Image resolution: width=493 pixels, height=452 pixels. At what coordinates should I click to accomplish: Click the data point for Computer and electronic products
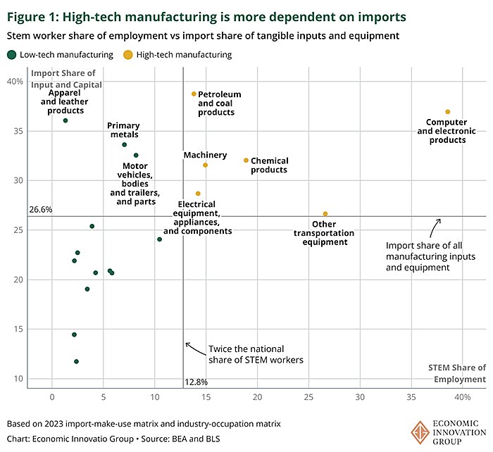pyautogui.click(x=447, y=112)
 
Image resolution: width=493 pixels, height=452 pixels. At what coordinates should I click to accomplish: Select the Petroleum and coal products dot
pyautogui.click(x=194, y=94)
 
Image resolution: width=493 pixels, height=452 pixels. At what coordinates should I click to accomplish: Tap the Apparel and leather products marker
pyautogui.click(x=65, y=120)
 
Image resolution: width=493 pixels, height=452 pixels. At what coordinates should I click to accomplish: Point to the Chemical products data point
pyautogui.click(x=246, y=161)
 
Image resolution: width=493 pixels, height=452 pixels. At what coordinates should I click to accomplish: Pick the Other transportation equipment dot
pyautogui.click(x=325, y=214)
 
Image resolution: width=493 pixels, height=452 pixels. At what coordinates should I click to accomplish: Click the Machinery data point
pyautogui.click(x=205, y=165)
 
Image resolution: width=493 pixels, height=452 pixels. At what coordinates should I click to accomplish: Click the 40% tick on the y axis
pyautogui.click(x=15, y=82)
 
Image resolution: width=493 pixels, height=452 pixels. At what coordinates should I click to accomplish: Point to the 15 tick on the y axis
pyautogui.click(x=18, y=329)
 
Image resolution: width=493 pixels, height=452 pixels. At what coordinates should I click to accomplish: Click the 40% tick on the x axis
pyautogui.click(x=461, y=397)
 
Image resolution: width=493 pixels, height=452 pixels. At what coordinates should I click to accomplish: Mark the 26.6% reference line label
pyautogui.click(x=40, y=209)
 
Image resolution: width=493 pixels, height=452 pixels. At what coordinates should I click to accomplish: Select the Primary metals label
pyautogui.click(x=123, y=130)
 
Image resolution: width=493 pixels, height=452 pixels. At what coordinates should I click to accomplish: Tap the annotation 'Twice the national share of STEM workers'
pyautogui.click(x=255, y=354)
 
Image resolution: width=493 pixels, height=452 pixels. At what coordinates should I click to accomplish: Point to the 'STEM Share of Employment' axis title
pyautogui.click(x=457, y=373)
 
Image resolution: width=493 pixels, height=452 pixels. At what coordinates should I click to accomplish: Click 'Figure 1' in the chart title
pyautogui.click(x=32, y=15)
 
